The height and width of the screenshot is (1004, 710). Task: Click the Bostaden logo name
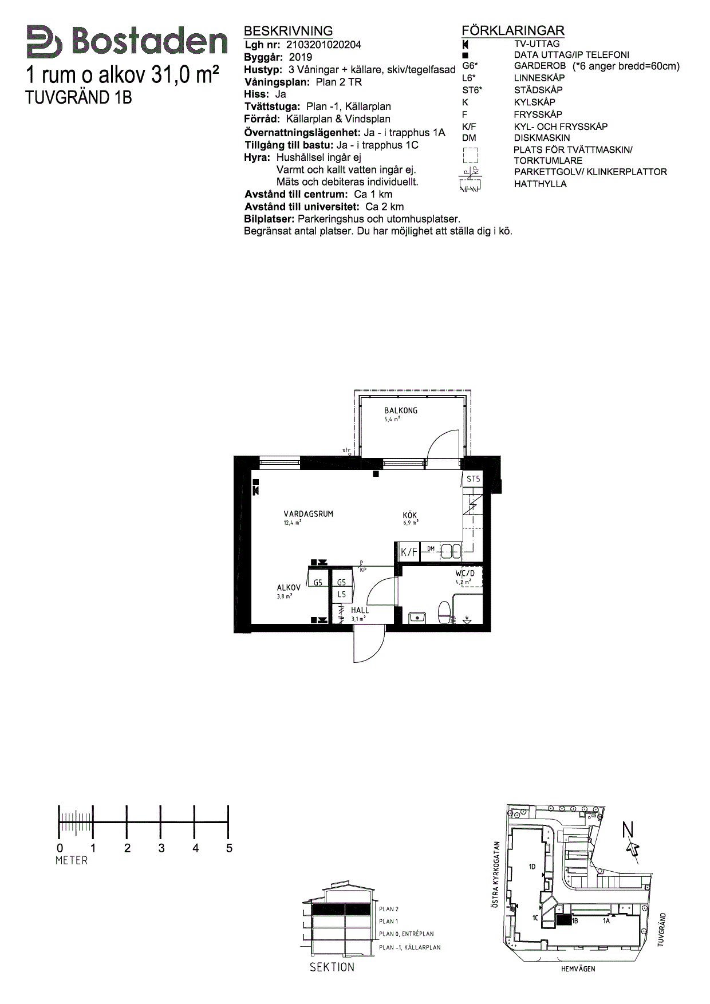click(149, 42)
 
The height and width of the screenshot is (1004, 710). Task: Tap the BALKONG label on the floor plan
click(401, 410)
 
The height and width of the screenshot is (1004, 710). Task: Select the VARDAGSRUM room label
click(308, 514)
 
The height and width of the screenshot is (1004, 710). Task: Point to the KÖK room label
click(410, 515)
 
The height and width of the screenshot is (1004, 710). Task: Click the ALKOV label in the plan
click(289, 588)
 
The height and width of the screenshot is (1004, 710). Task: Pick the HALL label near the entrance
click(360, 610)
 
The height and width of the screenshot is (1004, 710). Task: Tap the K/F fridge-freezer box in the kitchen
click(409, 552)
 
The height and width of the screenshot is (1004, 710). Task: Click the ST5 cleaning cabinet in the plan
click(473, 479)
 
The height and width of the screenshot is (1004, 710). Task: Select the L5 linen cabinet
click(341, 595)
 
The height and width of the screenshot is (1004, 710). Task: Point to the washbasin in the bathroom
click(417, 617)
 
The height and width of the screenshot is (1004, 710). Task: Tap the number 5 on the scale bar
click(229, 848)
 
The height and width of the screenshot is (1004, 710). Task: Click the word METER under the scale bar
click(72, 860)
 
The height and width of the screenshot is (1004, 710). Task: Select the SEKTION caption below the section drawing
click(332, 967)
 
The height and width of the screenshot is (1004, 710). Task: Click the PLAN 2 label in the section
click(389, 909)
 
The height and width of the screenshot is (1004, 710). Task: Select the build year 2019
click(301, 57)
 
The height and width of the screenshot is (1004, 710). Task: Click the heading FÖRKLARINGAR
click(513, 31)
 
